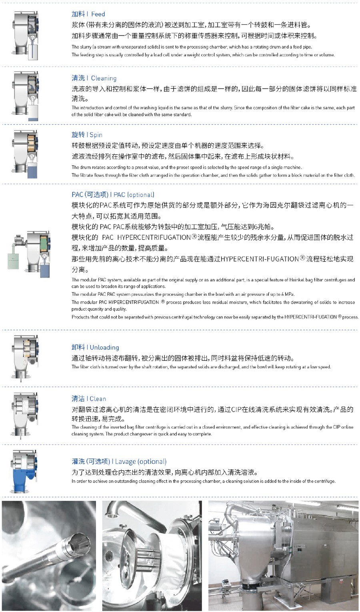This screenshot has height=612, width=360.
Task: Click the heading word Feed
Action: point(98,14)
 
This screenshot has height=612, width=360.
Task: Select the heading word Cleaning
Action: point(104,78)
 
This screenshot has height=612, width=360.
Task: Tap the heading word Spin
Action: point(96,135)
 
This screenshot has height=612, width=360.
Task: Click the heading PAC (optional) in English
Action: point(134,195)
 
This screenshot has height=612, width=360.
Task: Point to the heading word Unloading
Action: point(104,347)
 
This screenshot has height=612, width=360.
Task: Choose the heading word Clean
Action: point(98,399)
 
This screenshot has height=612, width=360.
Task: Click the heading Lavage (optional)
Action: point(141,462)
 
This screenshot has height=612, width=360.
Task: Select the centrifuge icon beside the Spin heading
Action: point(25,154)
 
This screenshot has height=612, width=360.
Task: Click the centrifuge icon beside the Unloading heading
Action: point(25,358)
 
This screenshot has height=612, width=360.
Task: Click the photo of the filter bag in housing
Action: point(152,556)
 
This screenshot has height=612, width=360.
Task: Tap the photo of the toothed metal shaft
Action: point(49,556)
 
